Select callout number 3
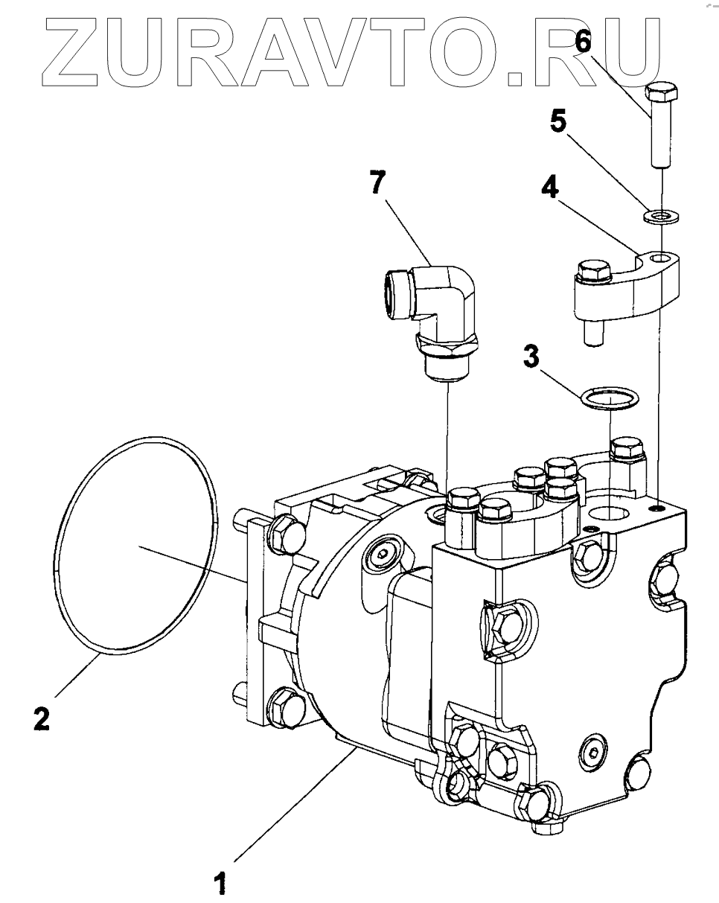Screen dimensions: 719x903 pos(531,357)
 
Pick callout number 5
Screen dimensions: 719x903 pos(558,121)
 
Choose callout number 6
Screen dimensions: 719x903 pos(583,42)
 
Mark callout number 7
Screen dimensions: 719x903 pos(377,182)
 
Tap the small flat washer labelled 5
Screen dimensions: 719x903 pos(662,217)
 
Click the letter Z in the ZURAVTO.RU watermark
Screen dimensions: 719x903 pos(70,52)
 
